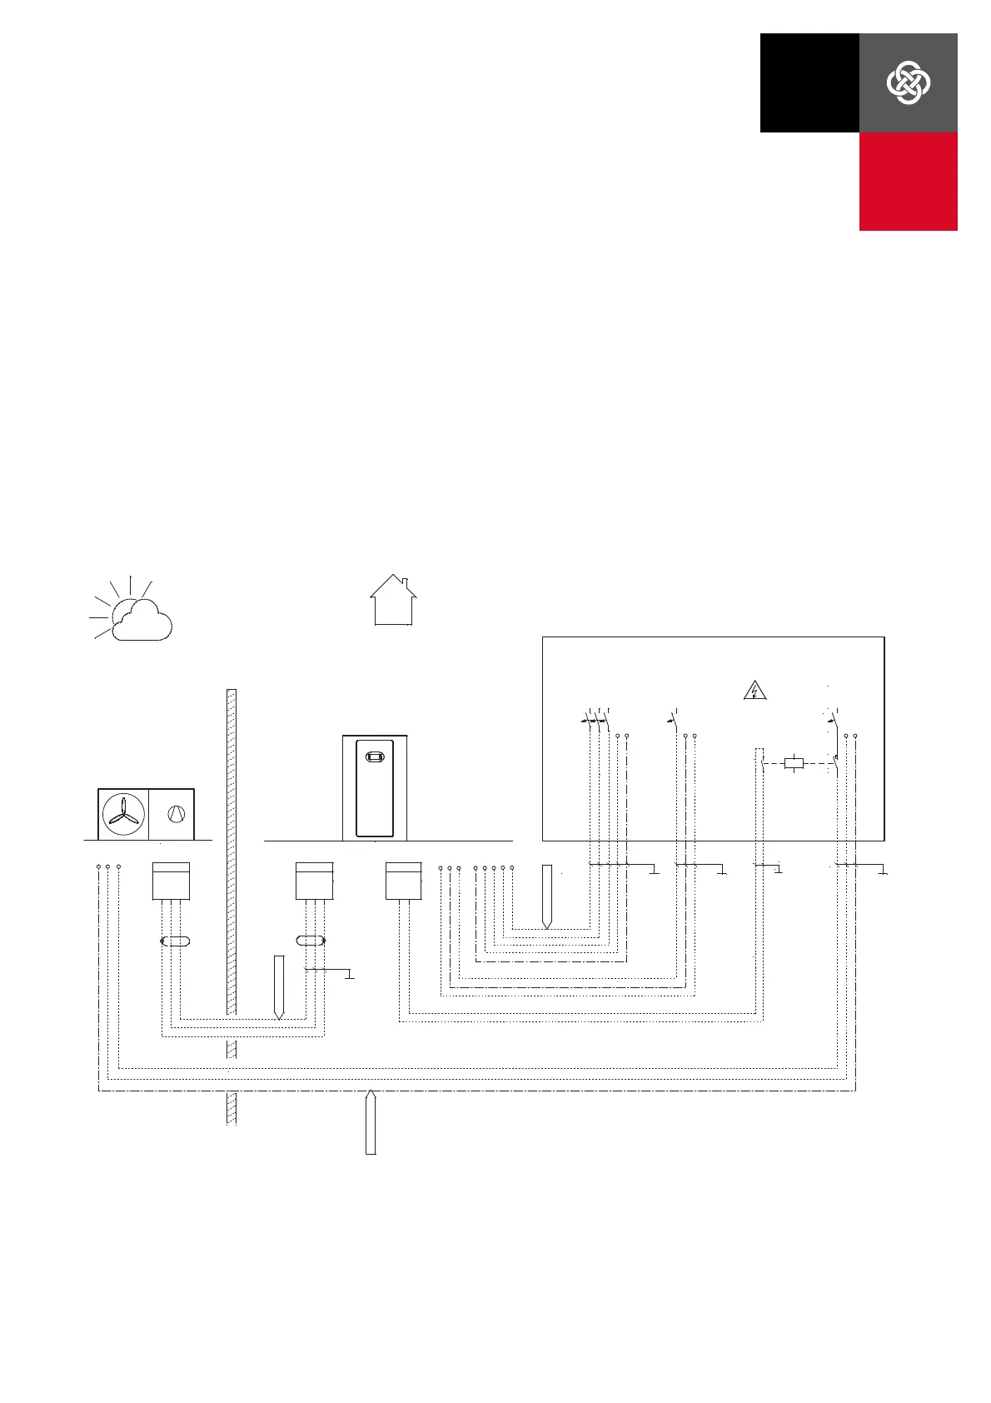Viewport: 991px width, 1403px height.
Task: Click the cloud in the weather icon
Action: pos(142,622)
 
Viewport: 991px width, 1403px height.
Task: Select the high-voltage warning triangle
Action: pos(754,690)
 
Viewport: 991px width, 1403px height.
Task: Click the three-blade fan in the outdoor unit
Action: pos(123,814)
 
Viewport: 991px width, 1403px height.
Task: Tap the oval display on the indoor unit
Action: pos(375,758)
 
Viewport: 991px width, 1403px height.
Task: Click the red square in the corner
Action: pos(908,181)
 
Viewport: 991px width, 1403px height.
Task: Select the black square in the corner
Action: pos(809,82)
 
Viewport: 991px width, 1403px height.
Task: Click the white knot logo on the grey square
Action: pos(908,82)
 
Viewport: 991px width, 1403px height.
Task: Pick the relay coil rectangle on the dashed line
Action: pos(794,762)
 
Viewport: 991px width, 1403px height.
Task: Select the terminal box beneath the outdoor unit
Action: pos(171,881)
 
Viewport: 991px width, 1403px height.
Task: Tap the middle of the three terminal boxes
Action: pos(315,881)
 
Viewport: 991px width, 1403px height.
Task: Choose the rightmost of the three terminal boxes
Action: pos(404,881)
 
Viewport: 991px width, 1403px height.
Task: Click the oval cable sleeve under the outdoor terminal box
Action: pos(175,941)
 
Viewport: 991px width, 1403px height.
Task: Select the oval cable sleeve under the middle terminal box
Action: pos(311,941)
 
